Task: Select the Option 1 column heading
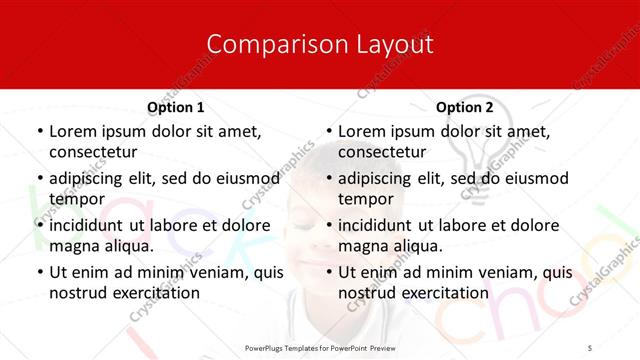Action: click(x=176, y=107)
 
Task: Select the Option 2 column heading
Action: click(x=465, y=107)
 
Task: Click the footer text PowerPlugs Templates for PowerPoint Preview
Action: click(x=320, y=347)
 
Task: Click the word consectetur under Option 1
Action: click(x=92, y=152)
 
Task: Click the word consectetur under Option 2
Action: click(x=382, y=152)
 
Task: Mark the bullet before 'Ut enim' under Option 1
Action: click(x=38, y=272)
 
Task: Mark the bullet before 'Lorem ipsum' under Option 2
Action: click(x=328, y=131)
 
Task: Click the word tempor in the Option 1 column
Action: click(x=73, y=199)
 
